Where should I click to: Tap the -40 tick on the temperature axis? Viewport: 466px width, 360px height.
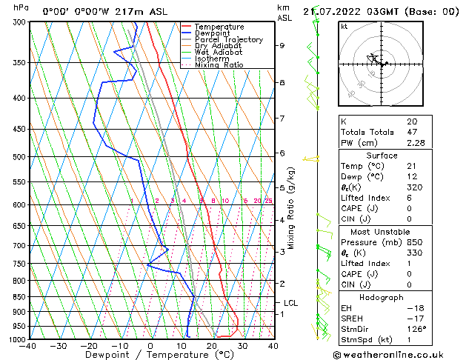(28, 345)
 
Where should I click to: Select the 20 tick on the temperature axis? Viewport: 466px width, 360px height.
(212, 345)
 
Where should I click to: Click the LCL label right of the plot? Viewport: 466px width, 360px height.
(290, 303)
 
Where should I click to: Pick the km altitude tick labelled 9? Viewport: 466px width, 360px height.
(282, 45)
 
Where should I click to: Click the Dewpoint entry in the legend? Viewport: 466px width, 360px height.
(211, 33)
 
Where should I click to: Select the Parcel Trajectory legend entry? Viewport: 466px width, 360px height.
(228, 40)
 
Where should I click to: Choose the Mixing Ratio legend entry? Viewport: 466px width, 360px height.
(219, 65)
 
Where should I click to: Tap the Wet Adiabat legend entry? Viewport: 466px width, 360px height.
(218, 53)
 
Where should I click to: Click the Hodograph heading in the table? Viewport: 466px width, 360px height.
(382, 296)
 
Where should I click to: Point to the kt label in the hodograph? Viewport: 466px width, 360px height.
(344, 27)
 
